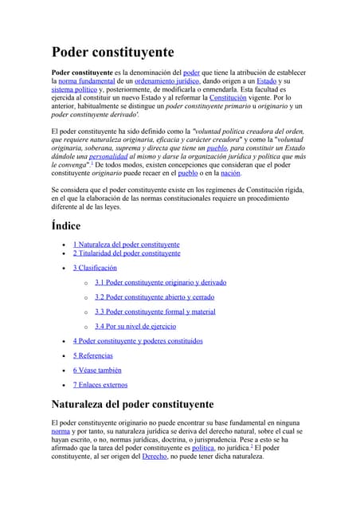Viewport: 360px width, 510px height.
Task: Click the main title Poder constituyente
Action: click(x=112, y=53)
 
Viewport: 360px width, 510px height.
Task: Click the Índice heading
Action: click(x=66, y=226)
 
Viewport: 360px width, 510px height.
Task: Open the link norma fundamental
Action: click(x=82, y=81)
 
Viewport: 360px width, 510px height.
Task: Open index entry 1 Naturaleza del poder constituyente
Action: click(x=126, y=244)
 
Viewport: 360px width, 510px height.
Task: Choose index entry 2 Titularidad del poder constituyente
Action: click(x=127, y=253)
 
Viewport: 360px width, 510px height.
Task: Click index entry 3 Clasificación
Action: click(x=95, y=268)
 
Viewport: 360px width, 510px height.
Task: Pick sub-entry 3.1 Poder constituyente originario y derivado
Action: click(x=160, y=282)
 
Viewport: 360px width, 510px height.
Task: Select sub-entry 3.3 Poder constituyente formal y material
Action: click(x=155, y=312)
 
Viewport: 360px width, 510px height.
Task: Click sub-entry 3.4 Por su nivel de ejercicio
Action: click(x=135, y=326)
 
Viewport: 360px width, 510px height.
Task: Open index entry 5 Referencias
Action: click(x=92, y=355)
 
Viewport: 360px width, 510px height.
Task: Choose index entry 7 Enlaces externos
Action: click(x=100, y=385)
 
